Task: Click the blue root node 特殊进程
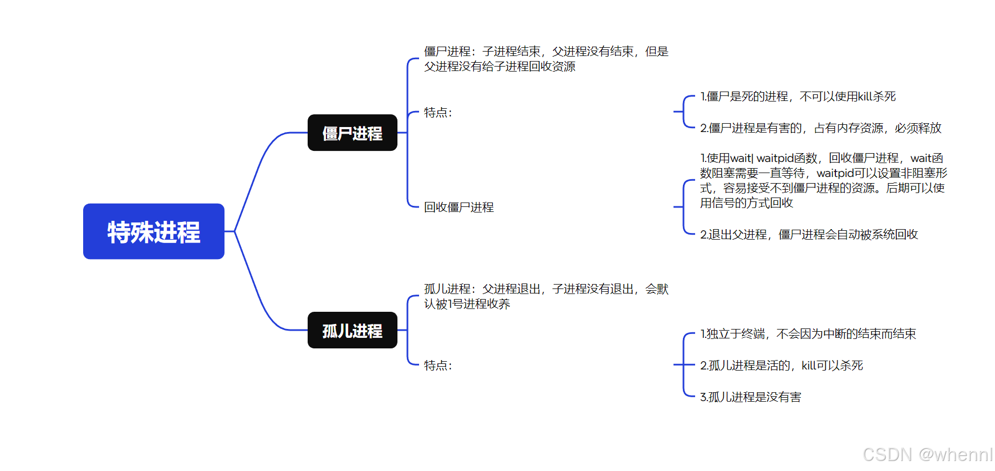pyautogui.click(x=154, y=231)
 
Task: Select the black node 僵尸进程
pyautogui.click(x=352, y=133)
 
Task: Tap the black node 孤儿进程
pyautogui.click(x=352, y=331)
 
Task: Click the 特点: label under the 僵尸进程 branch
pyautogui.click(x=438, y=113)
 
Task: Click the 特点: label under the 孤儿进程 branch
pyautogui.click(x=438, y=366)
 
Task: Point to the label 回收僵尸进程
pyautogui.click(x=458, y=207)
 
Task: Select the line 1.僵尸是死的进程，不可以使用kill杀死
pyautogui.click(x=798, y=97)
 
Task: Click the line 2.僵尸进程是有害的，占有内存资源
pyautogui.click(x=820, y=128)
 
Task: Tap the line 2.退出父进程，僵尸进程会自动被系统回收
pyautogui.click(x=809, y=235)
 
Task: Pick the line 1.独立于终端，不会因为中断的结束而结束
pyautogui.click(x=808, y=334)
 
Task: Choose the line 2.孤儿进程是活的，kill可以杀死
pyautogui.click(x=781, y=366)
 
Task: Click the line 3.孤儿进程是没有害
pyautogui.click(x=750, y=397)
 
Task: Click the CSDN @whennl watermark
pyautogui.click(x=927, y=454)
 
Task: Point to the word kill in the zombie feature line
pyautogui.click(x=867, y=97)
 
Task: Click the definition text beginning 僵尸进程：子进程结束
pyautogui.click(x=546, y=59)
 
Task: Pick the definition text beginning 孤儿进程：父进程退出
pyautogui.click(x=546, y=296)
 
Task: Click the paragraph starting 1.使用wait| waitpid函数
pyautogui.click(x=823, y=180)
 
